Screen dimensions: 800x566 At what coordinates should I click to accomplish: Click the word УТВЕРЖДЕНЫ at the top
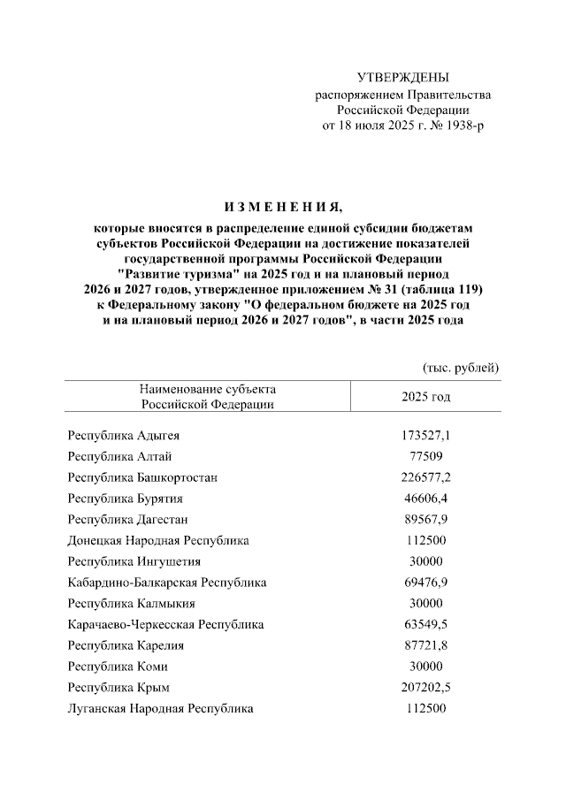coord(402,79)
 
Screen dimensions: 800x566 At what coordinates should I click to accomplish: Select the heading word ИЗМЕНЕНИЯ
coord(282,208)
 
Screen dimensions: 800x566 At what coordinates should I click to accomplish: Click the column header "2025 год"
coord(426,396)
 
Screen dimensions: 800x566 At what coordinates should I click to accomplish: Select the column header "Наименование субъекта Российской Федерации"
coord(207,396)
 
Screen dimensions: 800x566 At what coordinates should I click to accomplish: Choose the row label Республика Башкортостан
coord(142,477)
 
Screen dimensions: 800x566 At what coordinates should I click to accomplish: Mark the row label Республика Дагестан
coord(127,519)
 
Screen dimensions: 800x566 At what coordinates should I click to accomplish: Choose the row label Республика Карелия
coord(126,645)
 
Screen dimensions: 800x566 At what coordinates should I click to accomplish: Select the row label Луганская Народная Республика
coord(160,708)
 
